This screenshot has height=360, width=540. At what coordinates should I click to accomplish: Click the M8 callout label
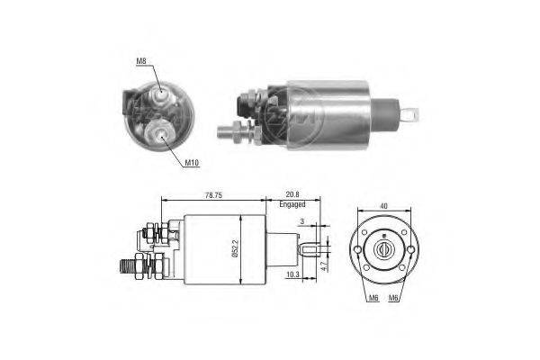pyautogui.click(x=141, y=61)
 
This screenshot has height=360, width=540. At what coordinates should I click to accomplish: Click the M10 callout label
pyautogui.click(x=192, y=163)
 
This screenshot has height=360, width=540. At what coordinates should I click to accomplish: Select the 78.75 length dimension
pyautogui.click(x=213, y=195)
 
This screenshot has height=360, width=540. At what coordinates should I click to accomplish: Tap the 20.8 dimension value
pyautogui.click(x=292, y=194)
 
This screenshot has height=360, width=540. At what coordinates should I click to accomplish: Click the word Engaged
pyautogui.click(x=292, y=204)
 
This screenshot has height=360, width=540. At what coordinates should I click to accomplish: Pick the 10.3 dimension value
pyautogui.click(x=292, y=274)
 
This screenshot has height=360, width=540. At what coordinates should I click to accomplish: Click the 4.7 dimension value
pyautogui.click(x=324, y=265)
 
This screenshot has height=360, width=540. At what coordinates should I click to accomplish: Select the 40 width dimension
pyautogui.click(x=383, y=206)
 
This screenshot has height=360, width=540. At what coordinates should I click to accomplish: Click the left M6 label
pyautogui.click(x=373, y=298)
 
